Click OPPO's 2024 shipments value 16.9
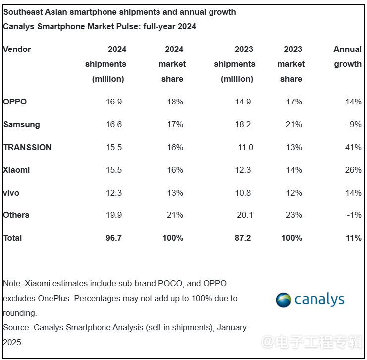[x=114, y=102]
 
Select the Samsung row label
[x=21, y=124]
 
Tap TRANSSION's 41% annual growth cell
[x=354, y=147]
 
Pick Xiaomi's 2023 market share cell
[x=294, y=170]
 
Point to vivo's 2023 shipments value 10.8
[x=243, y=193]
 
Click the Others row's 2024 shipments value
[x=114, y=215]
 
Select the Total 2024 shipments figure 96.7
[x=113, y=238]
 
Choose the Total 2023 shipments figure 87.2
[x=243, y=238]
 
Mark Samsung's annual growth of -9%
[x=355, y=124]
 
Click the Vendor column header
[x=17, y=49]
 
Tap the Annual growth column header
[x=348, y=56]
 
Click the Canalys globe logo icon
[x=284, y=300]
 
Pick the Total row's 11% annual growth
[x=354, y=238]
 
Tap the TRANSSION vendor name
[x=27, y=147]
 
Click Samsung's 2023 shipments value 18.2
[x=243, y=124]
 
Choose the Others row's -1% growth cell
[x=355, y=215]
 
